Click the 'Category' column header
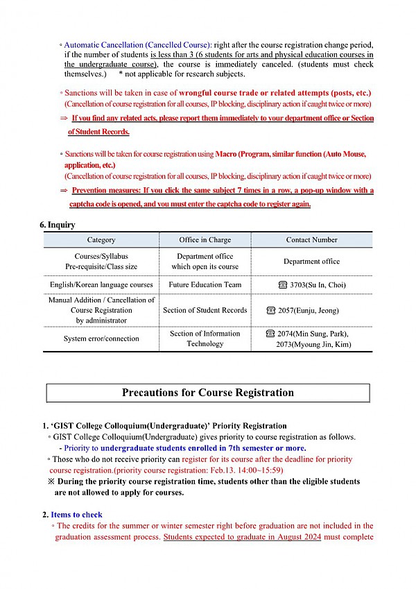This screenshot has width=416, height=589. pyautogui.click(x=101, y=240)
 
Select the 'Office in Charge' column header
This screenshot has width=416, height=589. pyautogui.click(x=205, y=240)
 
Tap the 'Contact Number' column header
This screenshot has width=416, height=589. pyautogui.click(x=311, y=240)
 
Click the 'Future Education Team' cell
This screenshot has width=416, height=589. pyautogui.click(x=205, y=284)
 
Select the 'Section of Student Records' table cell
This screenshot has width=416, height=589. pyautogui.click(x=205, y=310)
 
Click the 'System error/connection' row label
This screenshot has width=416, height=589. pyautogui.click(x=101, y=339)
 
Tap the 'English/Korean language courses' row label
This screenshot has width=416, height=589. pyautogui.click(x=101, y=284)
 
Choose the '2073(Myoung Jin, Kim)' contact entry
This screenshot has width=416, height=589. pyautogui.click(x=313, y=344)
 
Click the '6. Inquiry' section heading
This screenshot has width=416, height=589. pyautogui.click(x=58, y=225)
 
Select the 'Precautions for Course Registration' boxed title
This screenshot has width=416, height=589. pyautogui.click(x=207, y=393)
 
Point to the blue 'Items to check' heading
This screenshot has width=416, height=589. pyautogui.click(x=76, y=515)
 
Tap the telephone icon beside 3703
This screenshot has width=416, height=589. pyautogui.click(x=282, y=285)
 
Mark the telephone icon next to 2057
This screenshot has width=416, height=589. pyautogui.click(x=271, y=310)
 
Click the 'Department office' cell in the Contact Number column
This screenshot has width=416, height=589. pyautogui.click(x=311, y=262)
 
